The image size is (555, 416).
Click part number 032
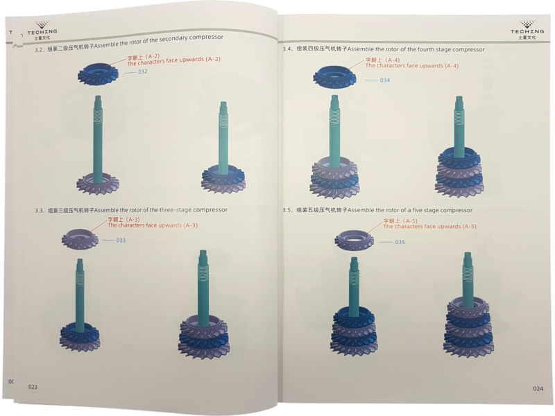point(143,71)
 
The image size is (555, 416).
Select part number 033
point(121,240)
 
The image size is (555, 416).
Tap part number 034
point(385,80)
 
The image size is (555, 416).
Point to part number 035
point(400,242)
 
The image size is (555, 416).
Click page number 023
point(33,387)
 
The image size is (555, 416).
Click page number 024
point(538,388)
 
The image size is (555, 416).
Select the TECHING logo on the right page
point(527,30)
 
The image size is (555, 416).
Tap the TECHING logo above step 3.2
point(42,31)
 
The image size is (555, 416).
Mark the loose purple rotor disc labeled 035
point(354,240)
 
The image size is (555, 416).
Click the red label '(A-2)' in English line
point(213,59)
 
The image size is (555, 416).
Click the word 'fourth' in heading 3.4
point(426,49)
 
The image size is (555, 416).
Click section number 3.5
point(287,210)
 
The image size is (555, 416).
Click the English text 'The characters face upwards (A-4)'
point(411,66)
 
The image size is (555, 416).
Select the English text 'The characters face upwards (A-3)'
point(153,225)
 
